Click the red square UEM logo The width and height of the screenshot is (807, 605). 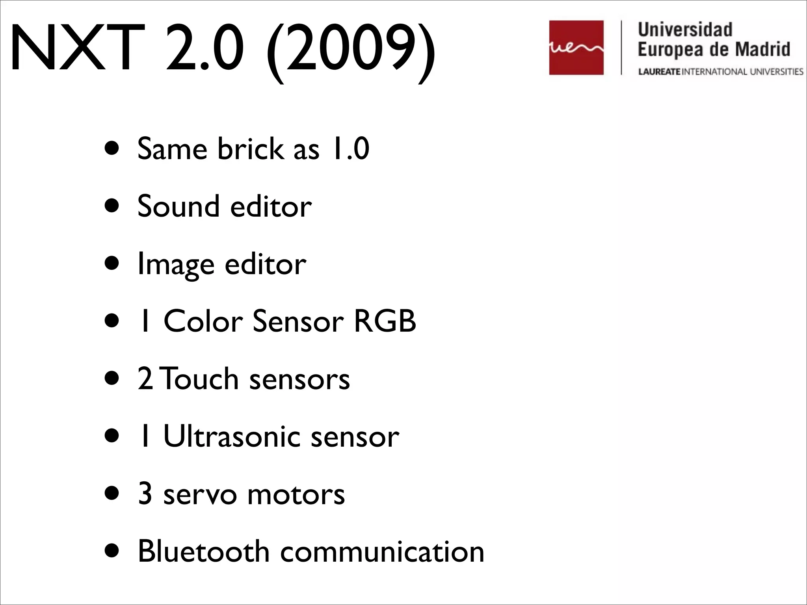pos(576,48)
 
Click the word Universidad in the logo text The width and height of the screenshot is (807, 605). pos(685,30)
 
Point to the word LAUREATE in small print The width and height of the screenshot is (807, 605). pos(659,72)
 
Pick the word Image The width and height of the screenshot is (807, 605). pos(176,264)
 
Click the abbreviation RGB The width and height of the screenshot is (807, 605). pos(385,321)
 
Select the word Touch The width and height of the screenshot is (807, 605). pos(200,379)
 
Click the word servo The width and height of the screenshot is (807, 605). pos(200,495)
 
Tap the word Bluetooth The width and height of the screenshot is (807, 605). pos(203,551)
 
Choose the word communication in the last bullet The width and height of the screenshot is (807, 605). pos(382,551)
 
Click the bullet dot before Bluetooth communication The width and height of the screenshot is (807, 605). pos(112,552)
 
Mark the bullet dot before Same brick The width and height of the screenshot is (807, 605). pos(112,149)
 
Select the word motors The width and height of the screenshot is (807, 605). pos(296,495)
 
